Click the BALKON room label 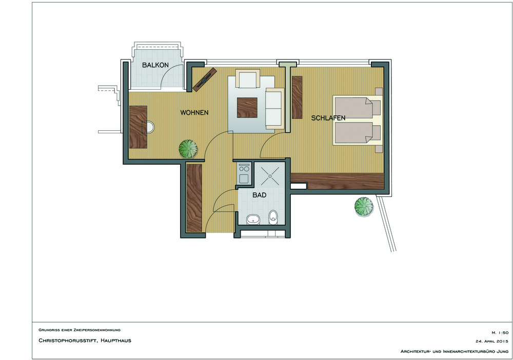point(155,65)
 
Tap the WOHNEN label point(194,113)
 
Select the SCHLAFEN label point(328,118)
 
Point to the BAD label point(260,195)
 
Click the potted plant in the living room point(188,149)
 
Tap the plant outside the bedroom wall point(364,206)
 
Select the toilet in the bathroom point(273,217)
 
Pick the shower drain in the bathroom point(270,176)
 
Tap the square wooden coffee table point(247,108)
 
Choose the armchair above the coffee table point(247,79)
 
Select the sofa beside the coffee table point(275,108)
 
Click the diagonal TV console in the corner point(205,79)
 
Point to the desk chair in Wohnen point(149,127)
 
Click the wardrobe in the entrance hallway point(194,198)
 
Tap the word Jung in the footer point(502,351)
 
